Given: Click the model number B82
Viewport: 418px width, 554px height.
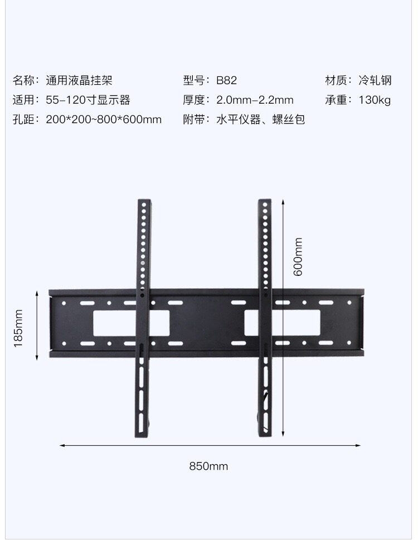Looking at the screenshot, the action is click(226, 80).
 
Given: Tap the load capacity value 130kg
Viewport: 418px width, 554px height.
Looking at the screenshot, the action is click(375, 100).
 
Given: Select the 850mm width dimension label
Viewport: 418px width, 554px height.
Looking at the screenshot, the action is click(208, 466).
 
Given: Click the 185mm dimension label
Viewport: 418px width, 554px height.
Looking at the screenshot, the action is click(18, 329).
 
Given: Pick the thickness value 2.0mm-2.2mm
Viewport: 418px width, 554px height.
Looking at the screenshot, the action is click(255, 100).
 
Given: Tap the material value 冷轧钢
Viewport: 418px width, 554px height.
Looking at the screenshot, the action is click(375, 80).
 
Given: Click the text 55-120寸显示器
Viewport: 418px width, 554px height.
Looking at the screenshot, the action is click(88, 100).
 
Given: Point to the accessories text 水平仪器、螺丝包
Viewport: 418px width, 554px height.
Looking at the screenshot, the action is click(260, 120).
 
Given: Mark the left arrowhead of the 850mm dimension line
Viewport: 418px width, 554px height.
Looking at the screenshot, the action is click(62, 445).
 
